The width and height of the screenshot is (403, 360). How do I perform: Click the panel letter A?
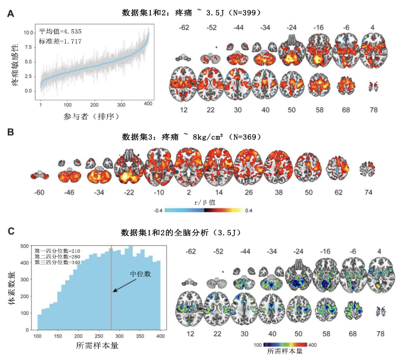(10, 14)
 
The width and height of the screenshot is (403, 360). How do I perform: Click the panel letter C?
(10, 232)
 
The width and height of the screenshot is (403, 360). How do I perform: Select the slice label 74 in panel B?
(368, 191)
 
